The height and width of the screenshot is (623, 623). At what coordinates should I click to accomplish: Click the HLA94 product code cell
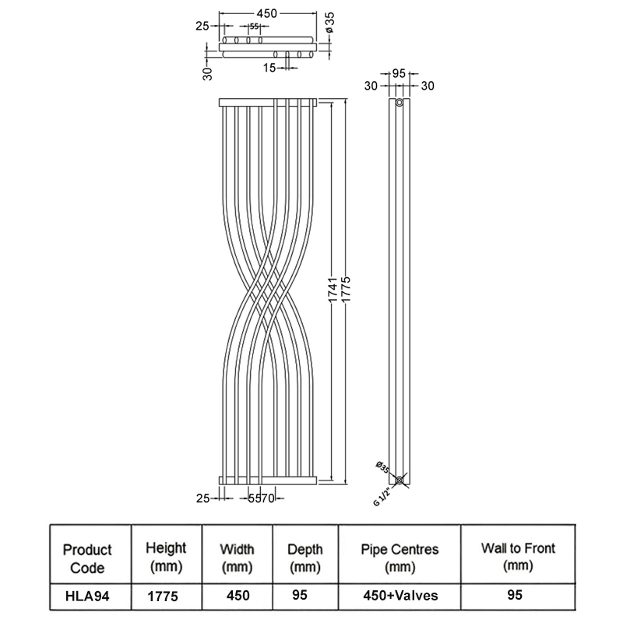(x=87, y=597)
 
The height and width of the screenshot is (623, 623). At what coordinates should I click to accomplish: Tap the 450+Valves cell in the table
(x=399, y=597)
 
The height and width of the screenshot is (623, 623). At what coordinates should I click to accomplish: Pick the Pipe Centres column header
(x=399, y=557)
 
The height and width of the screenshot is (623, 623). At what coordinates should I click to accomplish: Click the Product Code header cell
(x=87, y=558)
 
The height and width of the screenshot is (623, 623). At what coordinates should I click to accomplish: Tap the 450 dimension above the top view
(x=269, y=13)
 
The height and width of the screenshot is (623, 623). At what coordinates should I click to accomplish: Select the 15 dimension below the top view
(x=269, y=67)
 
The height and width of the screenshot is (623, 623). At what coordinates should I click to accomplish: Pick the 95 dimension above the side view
(x=400, y=73)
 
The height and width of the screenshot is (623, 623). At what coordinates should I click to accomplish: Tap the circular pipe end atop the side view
(x=399, y=103)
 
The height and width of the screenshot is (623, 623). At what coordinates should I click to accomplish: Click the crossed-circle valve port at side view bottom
(x=399, y=480)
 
